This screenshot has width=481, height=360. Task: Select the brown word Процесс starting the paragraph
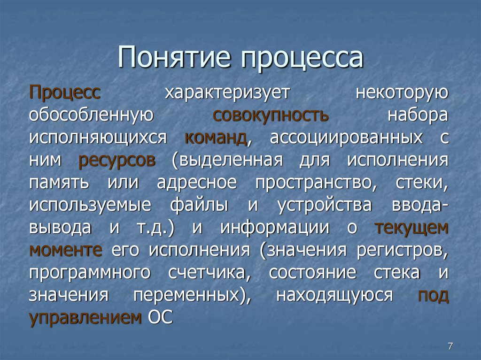64,92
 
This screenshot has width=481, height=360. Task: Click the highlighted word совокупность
271,115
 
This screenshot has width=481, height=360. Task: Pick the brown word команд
216,138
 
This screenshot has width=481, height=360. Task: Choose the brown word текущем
412,228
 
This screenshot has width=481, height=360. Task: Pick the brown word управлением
85,318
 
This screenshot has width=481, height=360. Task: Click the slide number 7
450,346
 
